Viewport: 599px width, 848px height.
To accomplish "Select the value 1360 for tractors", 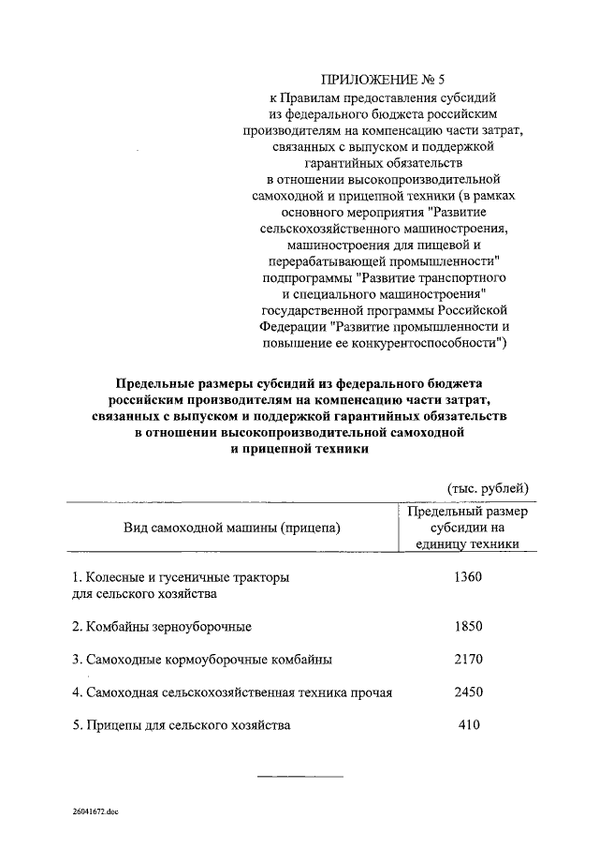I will (466, 577).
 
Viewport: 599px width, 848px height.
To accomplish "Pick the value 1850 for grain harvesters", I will (466, 625).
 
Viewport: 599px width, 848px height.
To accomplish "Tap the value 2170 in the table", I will (466, 659).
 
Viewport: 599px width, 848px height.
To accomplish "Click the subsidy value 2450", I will (466, 692).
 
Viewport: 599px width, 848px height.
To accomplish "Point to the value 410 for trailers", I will (468, 725).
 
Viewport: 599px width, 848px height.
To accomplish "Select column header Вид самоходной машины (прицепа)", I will (231, 528).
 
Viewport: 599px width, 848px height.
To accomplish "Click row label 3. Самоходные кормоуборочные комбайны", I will (202, 660).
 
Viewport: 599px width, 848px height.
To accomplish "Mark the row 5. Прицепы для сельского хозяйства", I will (181, 726).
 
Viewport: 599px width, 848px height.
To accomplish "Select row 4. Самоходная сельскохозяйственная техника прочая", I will (231, 693).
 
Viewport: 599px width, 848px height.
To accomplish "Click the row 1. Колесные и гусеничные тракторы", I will (180, 578).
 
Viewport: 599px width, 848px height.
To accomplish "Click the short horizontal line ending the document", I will (299, 776).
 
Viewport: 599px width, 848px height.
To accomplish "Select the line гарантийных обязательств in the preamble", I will (385, 162).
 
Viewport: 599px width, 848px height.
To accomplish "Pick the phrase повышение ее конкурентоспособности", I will (385, 343).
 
